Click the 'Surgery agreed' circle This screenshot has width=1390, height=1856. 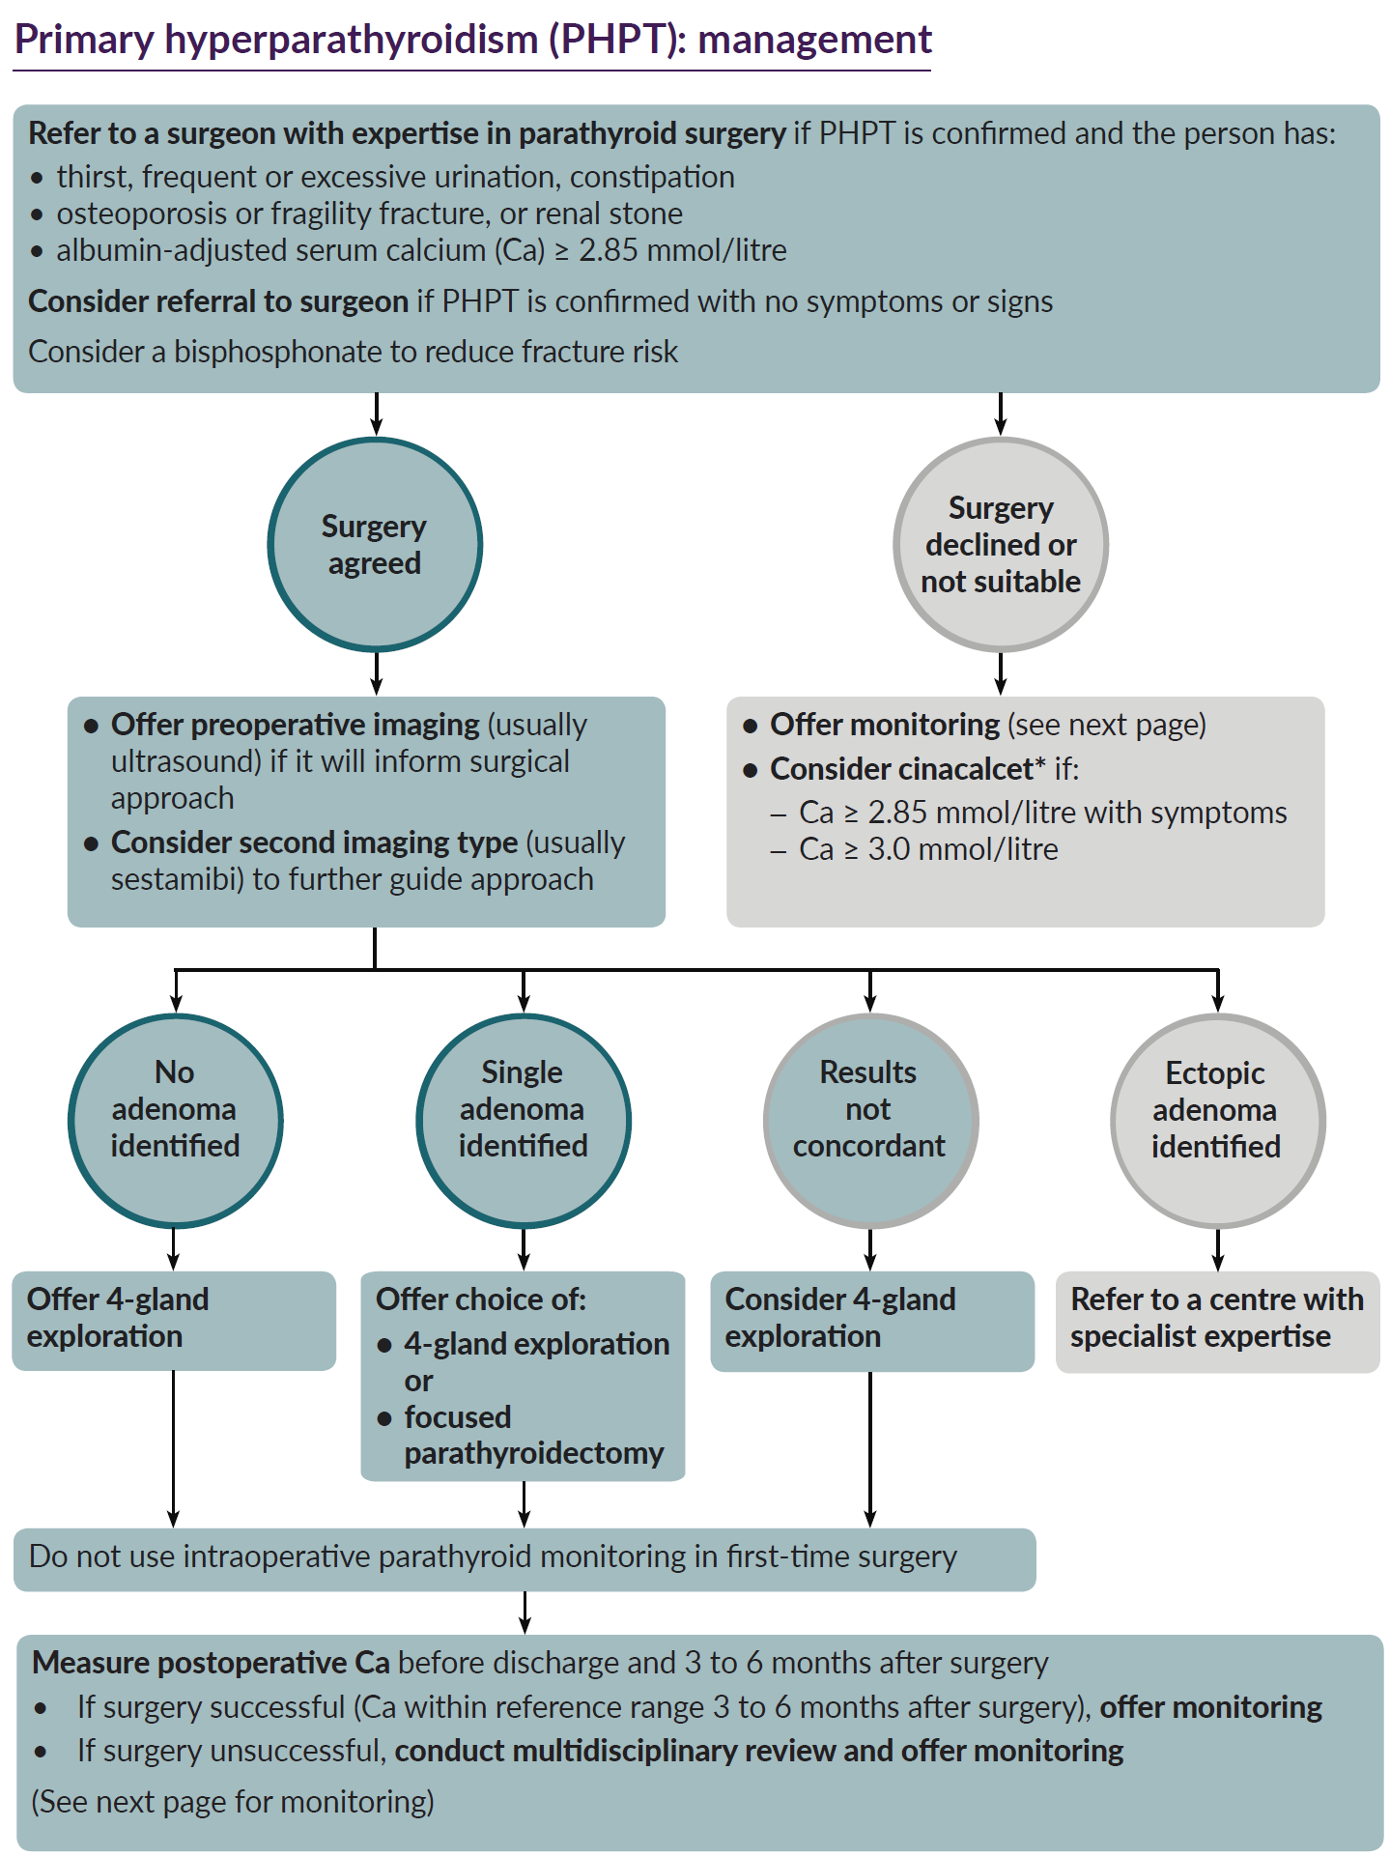(375, 545)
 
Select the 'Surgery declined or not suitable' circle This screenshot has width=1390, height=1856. (1001, 545)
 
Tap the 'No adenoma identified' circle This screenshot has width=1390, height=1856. (175, 1121)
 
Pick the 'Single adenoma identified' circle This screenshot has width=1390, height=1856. (523, 1121)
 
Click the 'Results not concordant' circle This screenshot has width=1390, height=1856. (869, 1121)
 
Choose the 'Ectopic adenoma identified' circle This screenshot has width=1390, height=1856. (1216, 1121)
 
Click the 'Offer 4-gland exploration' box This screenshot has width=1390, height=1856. (174, 1320)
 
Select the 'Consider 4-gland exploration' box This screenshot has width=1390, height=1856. (871, 1320)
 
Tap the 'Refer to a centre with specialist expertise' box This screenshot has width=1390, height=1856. (1217, 1320)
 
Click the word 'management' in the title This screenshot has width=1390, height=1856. (814, 41)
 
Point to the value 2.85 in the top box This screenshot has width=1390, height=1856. (609, 250)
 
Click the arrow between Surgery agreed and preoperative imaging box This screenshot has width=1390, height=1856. (377, 673)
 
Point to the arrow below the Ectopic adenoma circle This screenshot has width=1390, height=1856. (1217, 1249)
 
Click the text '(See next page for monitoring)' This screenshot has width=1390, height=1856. (233, 1802)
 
